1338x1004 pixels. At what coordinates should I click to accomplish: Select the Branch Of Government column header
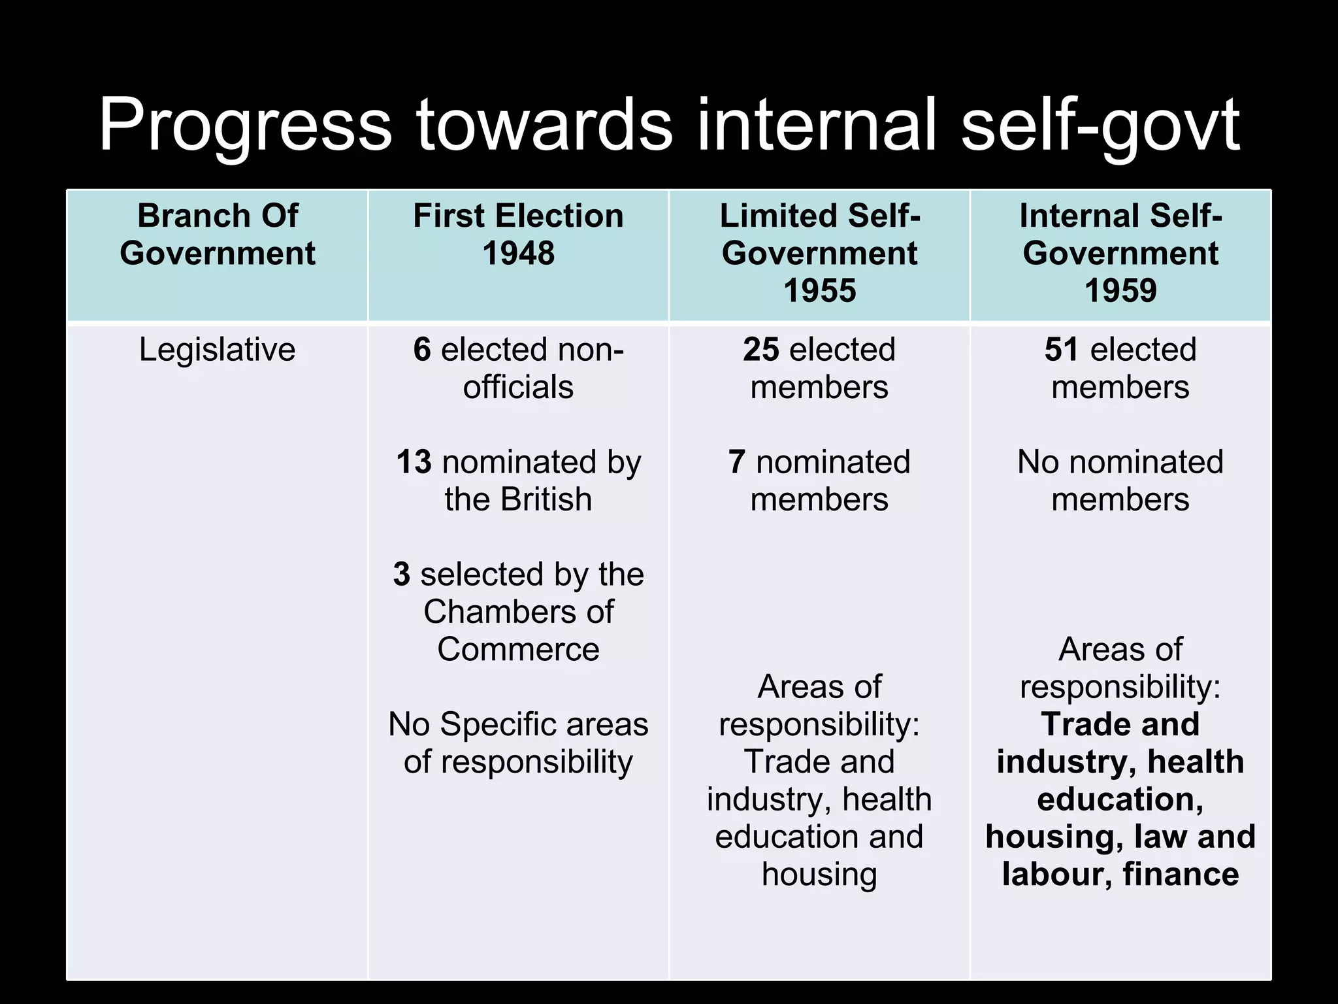coord(218,234)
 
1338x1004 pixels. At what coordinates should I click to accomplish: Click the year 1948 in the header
coord(518,253)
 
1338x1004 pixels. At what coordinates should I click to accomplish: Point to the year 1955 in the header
coord(819,290)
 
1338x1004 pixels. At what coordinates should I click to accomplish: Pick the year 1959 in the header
coord(1120,290)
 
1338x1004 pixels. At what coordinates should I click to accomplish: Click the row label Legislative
coord(218,350)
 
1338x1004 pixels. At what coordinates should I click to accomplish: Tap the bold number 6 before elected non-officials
coord(422,350)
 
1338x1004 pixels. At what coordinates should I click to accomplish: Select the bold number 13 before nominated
coord(414,462)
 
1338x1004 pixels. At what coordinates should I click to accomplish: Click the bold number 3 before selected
coord(401,575)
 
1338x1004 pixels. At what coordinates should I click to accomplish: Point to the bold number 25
coord(761,350)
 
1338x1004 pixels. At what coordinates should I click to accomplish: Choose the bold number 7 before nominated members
coord(737,462)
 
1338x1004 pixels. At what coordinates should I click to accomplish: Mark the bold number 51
coord(1062,350)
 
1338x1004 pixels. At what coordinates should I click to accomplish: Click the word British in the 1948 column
coord(546,500)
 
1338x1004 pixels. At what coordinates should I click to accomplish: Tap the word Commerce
coord(518,650)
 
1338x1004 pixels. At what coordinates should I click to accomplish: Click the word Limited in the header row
coord(779,216)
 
